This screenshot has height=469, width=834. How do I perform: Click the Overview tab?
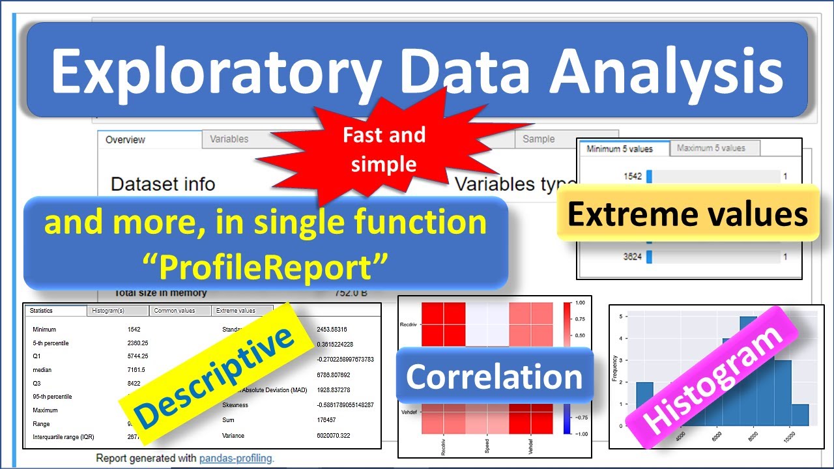(x=125, y=139)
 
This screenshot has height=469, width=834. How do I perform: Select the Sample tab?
(x=538, y=139)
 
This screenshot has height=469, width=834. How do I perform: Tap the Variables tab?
(x=229, y=139)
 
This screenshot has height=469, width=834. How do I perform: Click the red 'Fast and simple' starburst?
(x=384, y=149)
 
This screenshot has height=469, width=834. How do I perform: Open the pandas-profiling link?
(x=235, y=458)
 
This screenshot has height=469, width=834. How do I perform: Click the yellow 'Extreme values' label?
(x=687, y=214)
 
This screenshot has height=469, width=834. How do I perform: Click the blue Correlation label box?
(x=494, y=377)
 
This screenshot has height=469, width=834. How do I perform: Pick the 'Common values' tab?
(x=174, y=311)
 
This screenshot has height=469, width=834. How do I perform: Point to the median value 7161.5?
(x=137, y=370)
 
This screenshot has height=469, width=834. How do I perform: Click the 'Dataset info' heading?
(x=163, y=184)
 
